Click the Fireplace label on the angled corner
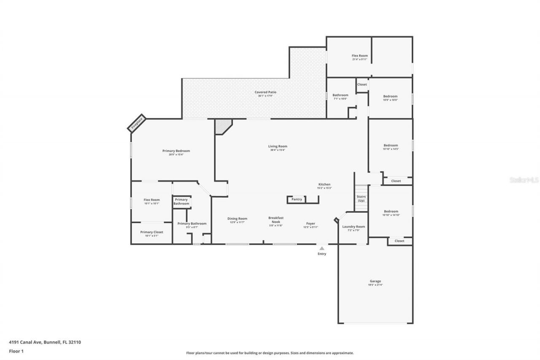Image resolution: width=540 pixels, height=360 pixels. [x=137, y=123]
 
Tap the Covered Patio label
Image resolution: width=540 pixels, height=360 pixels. [x=265, y=92]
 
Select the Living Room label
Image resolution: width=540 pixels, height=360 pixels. [x=278, y=146]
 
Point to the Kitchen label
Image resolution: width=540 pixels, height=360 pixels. [x=324, y=184]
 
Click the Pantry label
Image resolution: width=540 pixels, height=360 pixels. [x=297, y=199]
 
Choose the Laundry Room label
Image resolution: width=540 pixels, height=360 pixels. [x=354, y=227]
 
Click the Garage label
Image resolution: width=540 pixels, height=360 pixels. [x=375, y=281]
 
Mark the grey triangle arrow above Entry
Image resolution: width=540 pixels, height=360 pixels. [x=322, y=249]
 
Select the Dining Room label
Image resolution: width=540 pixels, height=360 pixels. [x=237, y=219]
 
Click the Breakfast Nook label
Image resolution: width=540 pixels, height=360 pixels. [x=276, y=219]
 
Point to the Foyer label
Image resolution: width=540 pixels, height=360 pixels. [x=310, y=224]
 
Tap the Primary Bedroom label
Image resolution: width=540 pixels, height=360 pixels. [x=176, y=151]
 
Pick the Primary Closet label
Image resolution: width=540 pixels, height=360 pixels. [x=151, y=232]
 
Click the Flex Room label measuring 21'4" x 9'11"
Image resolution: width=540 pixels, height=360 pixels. [x=360, y=56]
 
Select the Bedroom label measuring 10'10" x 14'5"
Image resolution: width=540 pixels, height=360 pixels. [x=390, y=146]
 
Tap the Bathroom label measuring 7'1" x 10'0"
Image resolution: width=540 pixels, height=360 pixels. [x=340, y=95]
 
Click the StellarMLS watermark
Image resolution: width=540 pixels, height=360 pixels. [x=524, y=180]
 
